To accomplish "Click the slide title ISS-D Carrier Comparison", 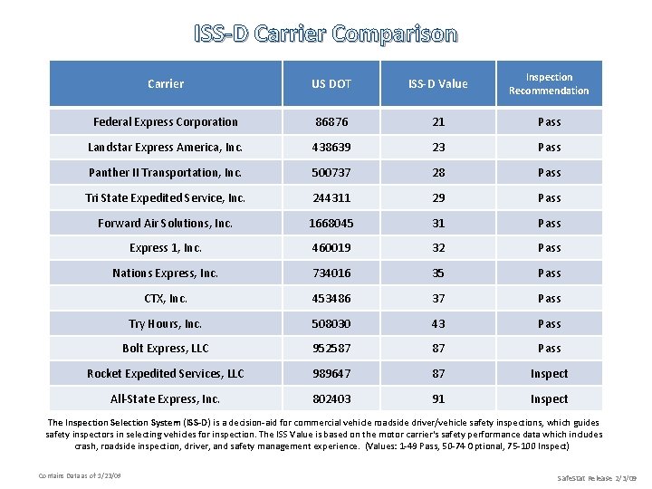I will [x=326, y=34].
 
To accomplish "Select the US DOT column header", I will [x=331, y=84].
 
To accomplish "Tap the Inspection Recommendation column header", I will [x=549, y=84].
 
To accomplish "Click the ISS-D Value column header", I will [x=438, y=84].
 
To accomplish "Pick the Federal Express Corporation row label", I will [x=166, y=122].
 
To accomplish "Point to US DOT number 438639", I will [x=331, y=148].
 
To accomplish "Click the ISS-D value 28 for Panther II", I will [x=438, y=173].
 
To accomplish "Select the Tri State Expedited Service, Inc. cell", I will [x=166, y=198].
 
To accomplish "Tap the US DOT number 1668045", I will [x=331, y=223].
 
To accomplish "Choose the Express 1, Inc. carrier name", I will [x=166, y=248].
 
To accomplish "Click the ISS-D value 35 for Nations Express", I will [x=438, y=273].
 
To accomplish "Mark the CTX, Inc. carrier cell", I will [x=166, y=299].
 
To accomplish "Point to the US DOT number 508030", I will [x=331, y=324].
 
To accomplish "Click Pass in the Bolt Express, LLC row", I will [x=549, y=349].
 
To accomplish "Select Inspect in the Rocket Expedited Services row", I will [x=549, y=374].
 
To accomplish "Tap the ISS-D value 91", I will [x=438, y=399].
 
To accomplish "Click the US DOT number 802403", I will [x=331, y=399].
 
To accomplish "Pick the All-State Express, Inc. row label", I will [x=166, y=399].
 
